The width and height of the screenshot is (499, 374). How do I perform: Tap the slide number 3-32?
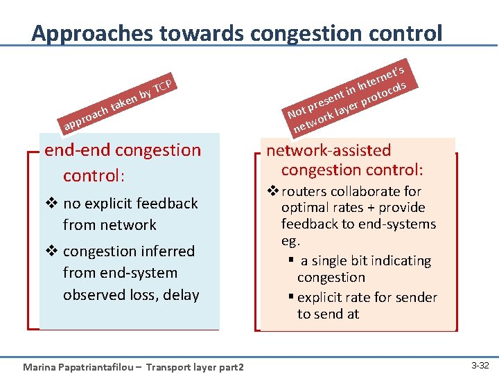480,365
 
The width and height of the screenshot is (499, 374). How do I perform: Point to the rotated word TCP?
163,85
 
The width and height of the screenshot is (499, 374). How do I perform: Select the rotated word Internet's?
380,77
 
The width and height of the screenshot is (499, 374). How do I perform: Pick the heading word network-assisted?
329,150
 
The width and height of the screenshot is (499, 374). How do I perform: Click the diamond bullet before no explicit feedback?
50,204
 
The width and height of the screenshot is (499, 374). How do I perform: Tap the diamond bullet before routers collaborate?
273,191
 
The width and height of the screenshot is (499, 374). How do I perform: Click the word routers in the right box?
302,191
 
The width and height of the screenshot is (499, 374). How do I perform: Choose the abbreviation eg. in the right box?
290,241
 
